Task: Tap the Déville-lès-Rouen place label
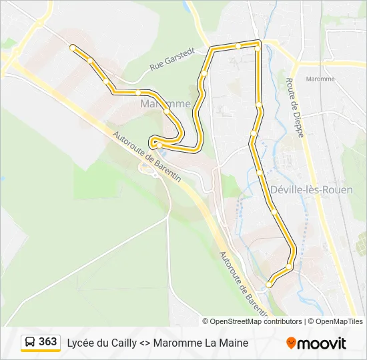pyautogui.click(x=312, y=189)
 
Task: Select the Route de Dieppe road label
pyautogui.click(x=294, y=107)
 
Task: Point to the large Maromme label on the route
pyautogui.click(x=165, y=104)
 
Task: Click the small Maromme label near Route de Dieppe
pyautogui.click(x=320, y=79)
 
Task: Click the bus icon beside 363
pyautogui.click(x=30, y=343)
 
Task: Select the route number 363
pyautogui.click(x=48, y=342)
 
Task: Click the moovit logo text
pyautogui.click(x=322, y=343)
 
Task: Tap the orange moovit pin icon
pyautogui.click(x=291, y=343)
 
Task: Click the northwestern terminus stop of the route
pyautogui.click(x=72, y=47)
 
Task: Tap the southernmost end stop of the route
pyautogui.click(x=269, y=285)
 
